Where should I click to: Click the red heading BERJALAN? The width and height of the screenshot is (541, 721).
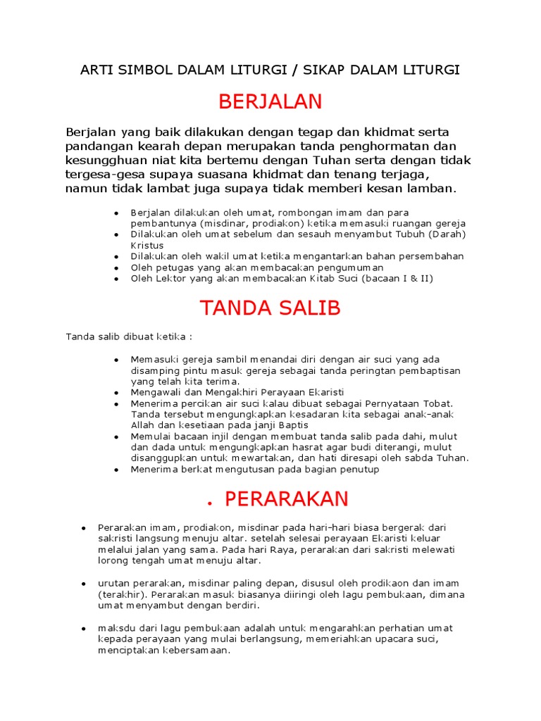click(270, 102)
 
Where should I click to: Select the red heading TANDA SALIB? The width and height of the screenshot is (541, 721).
click(270, 308)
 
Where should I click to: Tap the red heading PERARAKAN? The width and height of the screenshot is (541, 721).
click(286, 499)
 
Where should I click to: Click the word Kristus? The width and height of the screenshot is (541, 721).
click(147, 245)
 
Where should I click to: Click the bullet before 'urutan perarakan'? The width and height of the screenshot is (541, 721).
click(83, 584)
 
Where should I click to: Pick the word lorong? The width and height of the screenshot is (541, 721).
click(115, 560)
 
